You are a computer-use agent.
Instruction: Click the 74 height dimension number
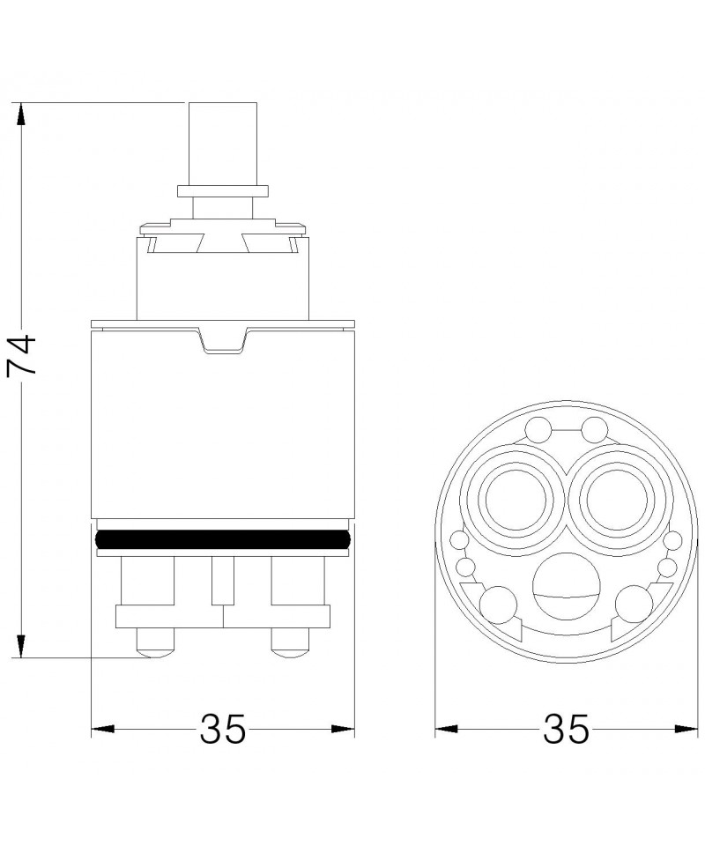21,354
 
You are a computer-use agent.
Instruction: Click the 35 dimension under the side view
223,729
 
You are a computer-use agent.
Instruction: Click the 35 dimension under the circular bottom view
567,729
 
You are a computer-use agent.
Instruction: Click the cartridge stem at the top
223,144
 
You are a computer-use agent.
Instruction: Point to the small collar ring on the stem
223,192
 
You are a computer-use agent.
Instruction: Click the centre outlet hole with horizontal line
566,587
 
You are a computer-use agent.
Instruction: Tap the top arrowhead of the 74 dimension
21,115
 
